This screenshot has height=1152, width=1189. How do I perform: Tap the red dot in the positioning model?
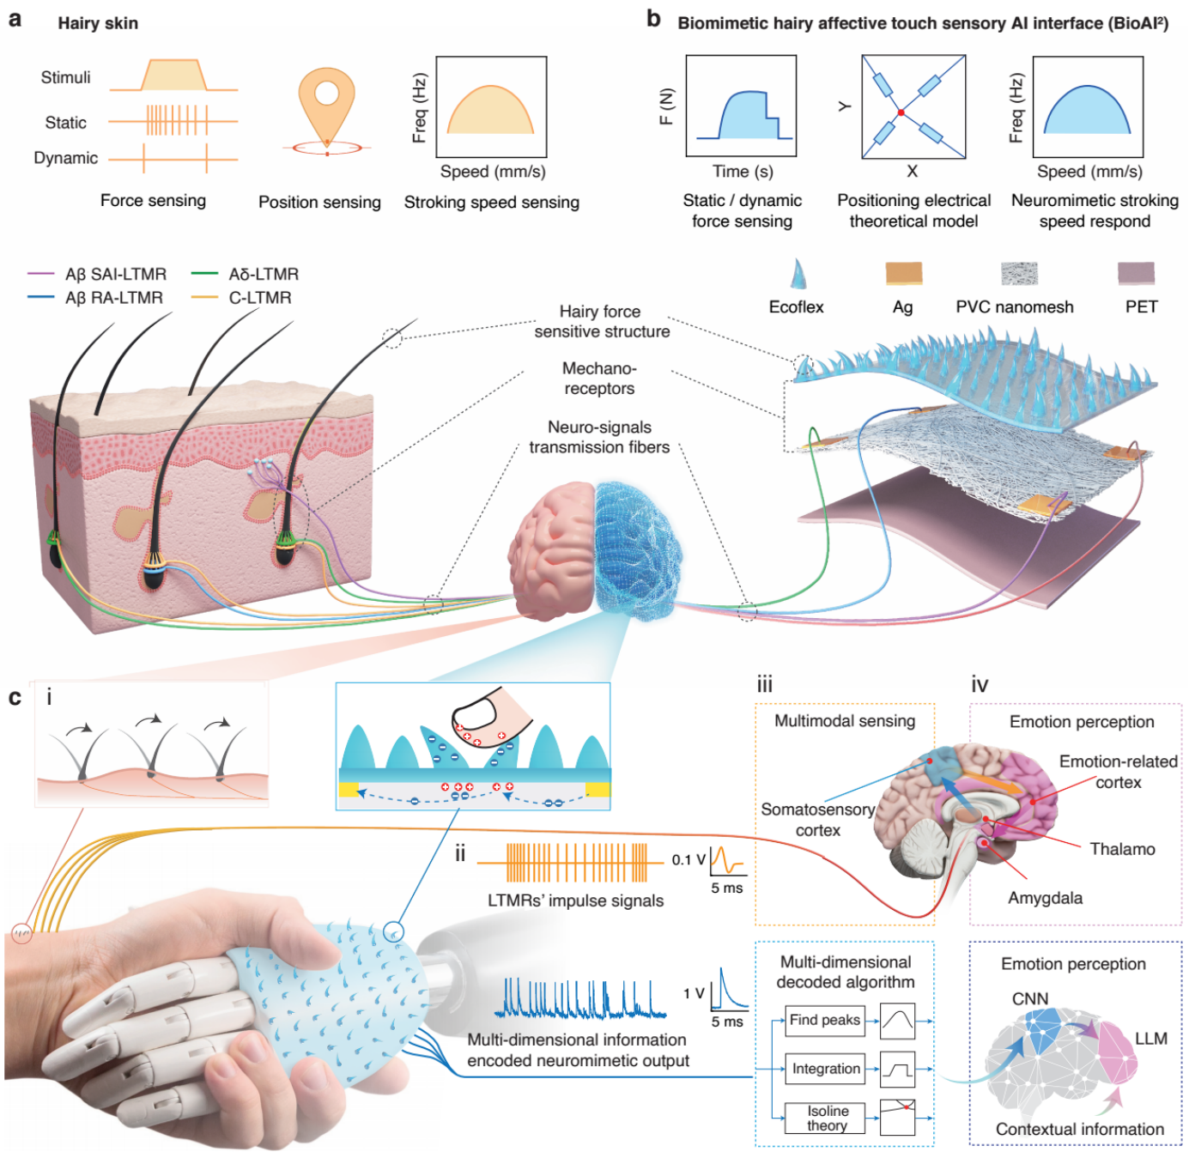(x=900, y=113)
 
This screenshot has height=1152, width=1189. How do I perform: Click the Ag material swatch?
(x=903, y=272)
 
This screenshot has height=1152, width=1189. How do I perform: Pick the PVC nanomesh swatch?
(x=1018, y=273)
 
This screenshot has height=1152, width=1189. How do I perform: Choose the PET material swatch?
(x=1135, y=273)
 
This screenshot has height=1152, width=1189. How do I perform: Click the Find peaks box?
(x=824, y=1020)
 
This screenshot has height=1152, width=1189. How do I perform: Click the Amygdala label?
(x=1045, y=897)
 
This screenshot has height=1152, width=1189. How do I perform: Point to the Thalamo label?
(x=1122, y=849)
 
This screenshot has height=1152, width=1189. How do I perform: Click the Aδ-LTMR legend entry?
(x=245, y=274)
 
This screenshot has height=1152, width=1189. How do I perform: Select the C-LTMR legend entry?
(x=241, y=298)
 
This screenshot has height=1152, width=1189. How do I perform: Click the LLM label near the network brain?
(x=1150, y=1038)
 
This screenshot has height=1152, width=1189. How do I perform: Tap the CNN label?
(x=1030, y=998)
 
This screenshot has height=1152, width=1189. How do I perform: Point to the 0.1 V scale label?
(x=689, y=859)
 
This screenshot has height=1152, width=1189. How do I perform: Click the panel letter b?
(x=653, y=20)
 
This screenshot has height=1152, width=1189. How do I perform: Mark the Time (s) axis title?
(x=743, y=172)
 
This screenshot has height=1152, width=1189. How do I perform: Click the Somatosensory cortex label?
(x=817, y=820)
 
